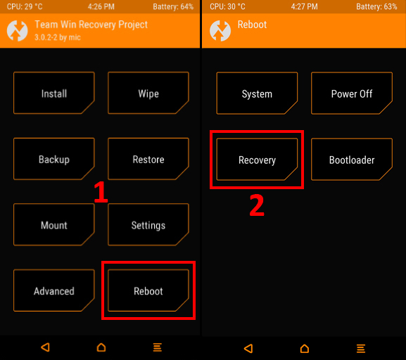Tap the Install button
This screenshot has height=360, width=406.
pyautogui.click(x=54, y=93)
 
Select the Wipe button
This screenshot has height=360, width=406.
pyautogui.click(x=148, y=93)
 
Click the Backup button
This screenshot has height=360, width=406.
pyautogui.click(x=54, y=159)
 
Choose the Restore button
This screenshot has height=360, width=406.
pyautogui.click(x=148, y=159)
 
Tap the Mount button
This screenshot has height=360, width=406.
pyautogui.click(x=54, y=224)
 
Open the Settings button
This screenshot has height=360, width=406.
pyautogui.click(x=148, y=224)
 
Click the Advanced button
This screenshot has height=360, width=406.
pyautogui.click(x=54, y=290)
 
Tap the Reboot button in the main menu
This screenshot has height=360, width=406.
pyautogui.click(x=148, y=290)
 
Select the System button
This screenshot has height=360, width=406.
pyautogui.click(x=257, y=94)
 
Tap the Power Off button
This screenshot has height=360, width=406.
pyautogui.click(x=352, y=94)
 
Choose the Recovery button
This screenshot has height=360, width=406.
pyautogui.click(x=257, y=160)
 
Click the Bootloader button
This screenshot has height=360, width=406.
pyautogui.click(x=352, y=160)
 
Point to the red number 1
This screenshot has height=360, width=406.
pyautogui.click(x=101, y=192)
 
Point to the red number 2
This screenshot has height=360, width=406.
pyautogui.click(x=257, y=205)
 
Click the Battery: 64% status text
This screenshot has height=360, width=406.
pyautogui.click(x=173, y=6)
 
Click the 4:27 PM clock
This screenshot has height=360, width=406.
pyautogui.click(x=304, y=6)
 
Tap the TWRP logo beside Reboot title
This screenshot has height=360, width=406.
pyautogui.click(x=220, y=31)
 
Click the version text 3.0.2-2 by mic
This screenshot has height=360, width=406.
pyautogui.click(x=58, y=37)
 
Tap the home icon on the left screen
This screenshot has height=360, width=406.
pyautogui.click(x=101, y=347)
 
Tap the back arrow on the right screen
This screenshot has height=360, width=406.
pyautogui.click(x=248, y=348)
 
